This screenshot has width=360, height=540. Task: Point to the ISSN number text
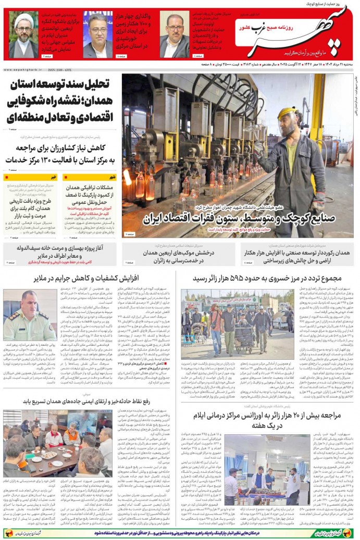[x=58, y=69]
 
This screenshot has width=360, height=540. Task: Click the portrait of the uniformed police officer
[x=30, y=315]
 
